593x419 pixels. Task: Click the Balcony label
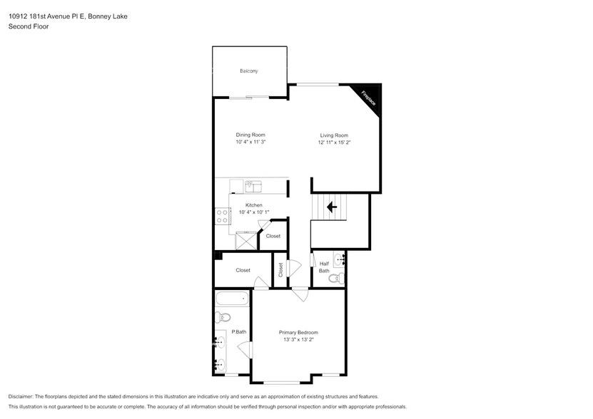point(249,71)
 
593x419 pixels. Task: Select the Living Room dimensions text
point(334,143)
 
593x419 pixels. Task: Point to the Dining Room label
point(250,135)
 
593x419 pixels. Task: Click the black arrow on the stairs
point(332,207)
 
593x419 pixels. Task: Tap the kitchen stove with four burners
point(223,216)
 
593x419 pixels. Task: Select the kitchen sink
point(254,187)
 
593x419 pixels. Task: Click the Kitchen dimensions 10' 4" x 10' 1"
point(254,212)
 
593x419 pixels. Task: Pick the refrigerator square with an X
point(246,241)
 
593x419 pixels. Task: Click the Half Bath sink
point(339,259)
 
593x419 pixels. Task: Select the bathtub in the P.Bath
point(232,299)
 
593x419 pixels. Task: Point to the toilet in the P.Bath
point(223,317)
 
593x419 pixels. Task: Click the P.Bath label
point(239,332)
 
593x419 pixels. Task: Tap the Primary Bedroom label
point(298,333)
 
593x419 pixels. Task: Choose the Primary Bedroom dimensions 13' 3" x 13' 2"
point(299,340)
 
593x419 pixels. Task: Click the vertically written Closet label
point(280,270)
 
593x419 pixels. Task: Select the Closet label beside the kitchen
point(273,236)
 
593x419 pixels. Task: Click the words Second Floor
point(29,26)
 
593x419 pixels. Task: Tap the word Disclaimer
point(21,397)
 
